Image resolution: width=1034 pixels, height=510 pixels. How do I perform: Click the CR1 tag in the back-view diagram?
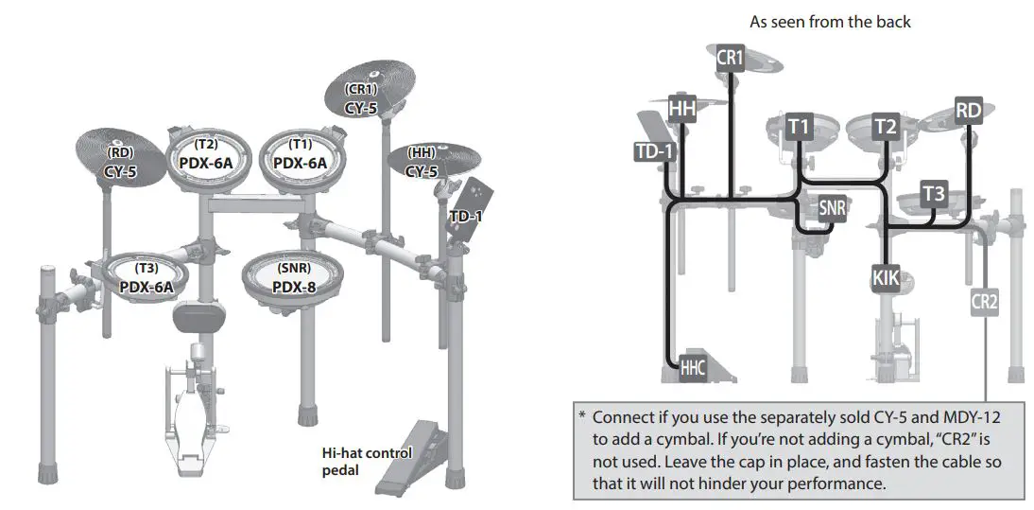point(731,58)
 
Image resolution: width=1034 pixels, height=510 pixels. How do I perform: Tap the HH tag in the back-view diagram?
point(681,109)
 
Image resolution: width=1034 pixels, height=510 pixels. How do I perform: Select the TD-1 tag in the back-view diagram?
point(654,150)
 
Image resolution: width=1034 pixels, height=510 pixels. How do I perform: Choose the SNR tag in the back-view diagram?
point(832,208)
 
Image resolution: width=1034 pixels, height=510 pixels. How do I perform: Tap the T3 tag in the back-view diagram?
point(933,194)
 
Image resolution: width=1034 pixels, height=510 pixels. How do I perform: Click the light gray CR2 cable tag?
point(984,303)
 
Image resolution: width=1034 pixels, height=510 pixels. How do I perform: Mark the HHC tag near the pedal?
point(693,367)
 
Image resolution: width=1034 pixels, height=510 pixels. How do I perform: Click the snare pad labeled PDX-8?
point(293,278)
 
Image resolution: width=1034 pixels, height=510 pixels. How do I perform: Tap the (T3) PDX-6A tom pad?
point(146,278)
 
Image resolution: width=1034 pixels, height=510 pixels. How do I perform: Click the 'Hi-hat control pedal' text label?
point(367,460)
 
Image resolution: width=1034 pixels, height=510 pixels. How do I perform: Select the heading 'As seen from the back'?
point(830,21)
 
